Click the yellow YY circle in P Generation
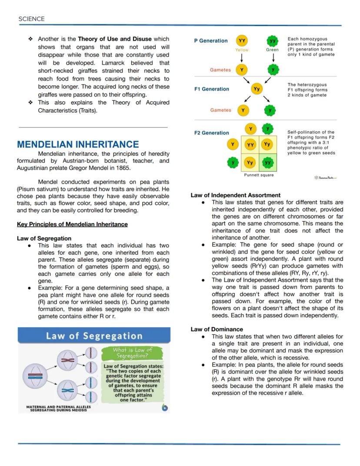[x=242, y=41]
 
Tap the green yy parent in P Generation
[x=273, y=41]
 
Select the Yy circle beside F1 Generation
[x=257, y=89]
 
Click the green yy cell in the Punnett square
[x=267, y=163]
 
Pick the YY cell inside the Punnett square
[x=250, y=144]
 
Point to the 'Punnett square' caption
[x=259, y=175]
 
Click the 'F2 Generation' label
[x=211, y=133]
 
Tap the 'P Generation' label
[x=210, y=41]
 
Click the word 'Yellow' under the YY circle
[x=242, y=50]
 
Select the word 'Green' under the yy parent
[x=273, y=50]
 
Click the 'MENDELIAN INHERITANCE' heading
[x=78, y=144]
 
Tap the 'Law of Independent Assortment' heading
[x=236, y=195]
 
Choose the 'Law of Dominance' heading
[x=217, y=329]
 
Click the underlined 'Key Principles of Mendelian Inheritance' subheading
[x=72, y=225]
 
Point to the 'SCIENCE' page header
[x=31, y=19]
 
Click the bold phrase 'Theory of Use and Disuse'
[x=115, y=39]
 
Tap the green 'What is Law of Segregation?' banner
[x=133, y=353]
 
